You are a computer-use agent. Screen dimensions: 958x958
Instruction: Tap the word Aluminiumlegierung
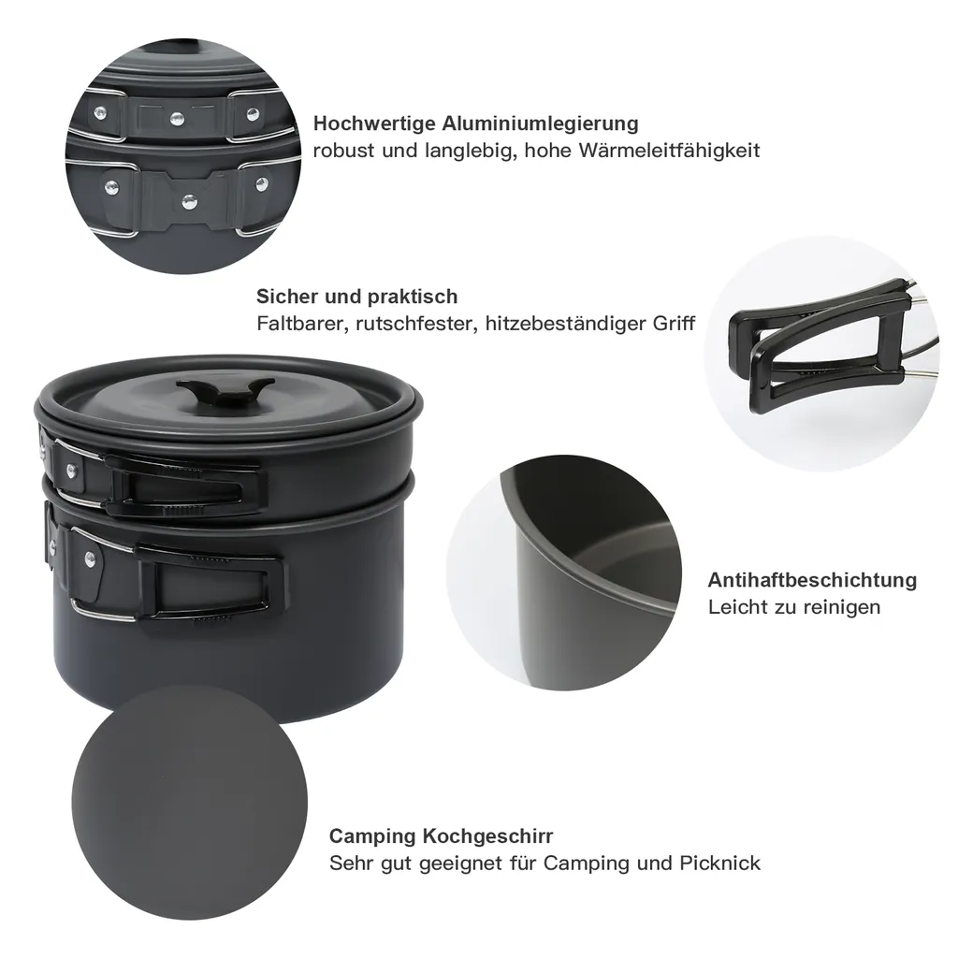[x=540, y=123]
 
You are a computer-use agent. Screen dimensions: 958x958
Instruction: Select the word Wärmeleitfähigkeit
[x=669, y=151]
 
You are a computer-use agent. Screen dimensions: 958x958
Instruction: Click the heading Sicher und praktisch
[x=356, y=297]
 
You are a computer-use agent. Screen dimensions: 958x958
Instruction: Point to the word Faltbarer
[x=302, y=323]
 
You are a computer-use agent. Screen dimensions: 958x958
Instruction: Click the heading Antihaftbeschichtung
[x=812, y=580]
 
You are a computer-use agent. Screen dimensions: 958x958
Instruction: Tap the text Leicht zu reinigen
[x=794, y=607]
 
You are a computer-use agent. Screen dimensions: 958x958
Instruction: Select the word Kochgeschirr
[x=487, y=835]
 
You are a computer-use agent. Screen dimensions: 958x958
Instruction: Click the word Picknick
[x=719, y=864]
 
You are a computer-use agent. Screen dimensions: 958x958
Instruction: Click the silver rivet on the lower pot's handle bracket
[x=91, y=557]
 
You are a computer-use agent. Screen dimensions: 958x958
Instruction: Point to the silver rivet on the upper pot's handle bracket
[x=72, y=471]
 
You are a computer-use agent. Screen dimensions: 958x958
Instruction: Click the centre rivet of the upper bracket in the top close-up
[x=177, y=118]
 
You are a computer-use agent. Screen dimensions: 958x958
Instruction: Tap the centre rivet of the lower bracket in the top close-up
[x=189, y=201]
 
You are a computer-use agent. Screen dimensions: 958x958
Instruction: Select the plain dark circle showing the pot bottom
[x=189, y=802]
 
